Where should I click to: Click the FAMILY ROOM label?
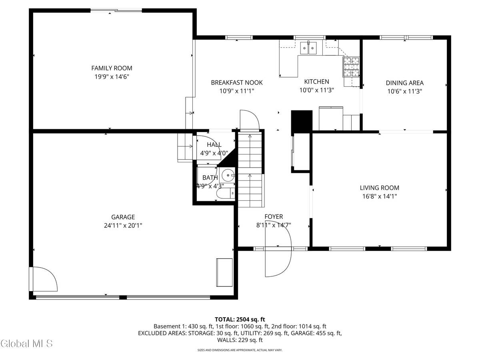pyautogui.click(x=112, y=68)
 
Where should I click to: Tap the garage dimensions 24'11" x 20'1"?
pyautogui.click(x=123, y=226)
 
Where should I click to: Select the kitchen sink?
pyautogui.click(x=308, y=48)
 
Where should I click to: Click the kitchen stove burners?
pyautogui.click(x=351, y=67)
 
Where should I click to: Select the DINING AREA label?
pyautogui.click(x=404, y=83)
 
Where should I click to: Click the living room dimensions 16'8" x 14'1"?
pyautogui.click(x=379, y=196)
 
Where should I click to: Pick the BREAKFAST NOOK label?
pyautogui.click(x=237, y=83)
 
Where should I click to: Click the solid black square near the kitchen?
pyautogui.click(x=301, y=120)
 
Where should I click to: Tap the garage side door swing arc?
pyautogui.click(x=45, y=279)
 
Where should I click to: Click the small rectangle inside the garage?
pyautogui.click(x=224, y=272)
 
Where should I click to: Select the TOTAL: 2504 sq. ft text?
pyautogui.click(x=240, y=319)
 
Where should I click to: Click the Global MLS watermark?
pyautogui.click(x=26, y=343)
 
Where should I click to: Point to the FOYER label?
pyautogui.click(x=274, y=217)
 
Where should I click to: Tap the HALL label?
pyautogui.click(x=214, y=145)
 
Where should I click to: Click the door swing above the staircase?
pyautogui.click(x=248, y=120)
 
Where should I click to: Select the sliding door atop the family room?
pyautogui.click(x=116, y=11)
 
